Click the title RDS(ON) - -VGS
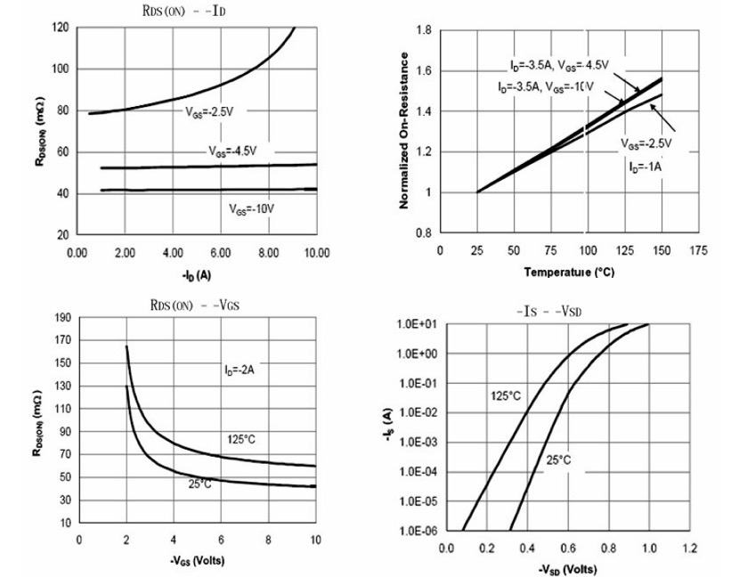click(x=193, y=305)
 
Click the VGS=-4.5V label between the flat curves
click(x=233, y=150)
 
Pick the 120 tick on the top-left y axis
click(x=60, y=28)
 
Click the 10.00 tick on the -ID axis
click(x=316, y=252)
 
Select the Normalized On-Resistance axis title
click(x=405, y=131)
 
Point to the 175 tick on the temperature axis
click(x=699, y=252)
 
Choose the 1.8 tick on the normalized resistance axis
click(x=424, y=32)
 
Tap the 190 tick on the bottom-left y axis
click(x=61, y=318)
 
